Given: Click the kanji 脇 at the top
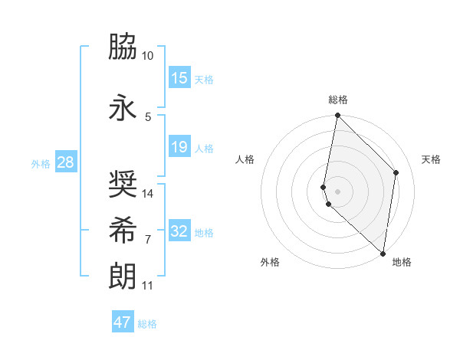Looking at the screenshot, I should pyautogui.click(x=123, y=47).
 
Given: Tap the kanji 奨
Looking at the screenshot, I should pyautogui.click(x=123, y=184).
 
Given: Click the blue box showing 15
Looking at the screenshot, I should pyautogui.click(x=179, y=78).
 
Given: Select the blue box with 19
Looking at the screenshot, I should pyautogui.click(x=179, y=147).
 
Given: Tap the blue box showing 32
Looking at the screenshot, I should pyautogui.click(x=179, y=231).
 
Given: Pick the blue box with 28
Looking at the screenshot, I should pyautogui.click(x=64, y=162).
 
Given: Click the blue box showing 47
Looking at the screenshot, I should pyautogui.click(x=122, y=322).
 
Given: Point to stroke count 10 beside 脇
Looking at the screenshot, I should pyautogui.click(x=147, y=57).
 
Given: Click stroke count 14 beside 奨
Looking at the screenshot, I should pyautogui.click(x=148, y=194).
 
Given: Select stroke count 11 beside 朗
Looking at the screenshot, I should pyautogui.click(x=147, y=286).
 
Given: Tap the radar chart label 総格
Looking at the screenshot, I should pyautogui.click(x=338, y=100).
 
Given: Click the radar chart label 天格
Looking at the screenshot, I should pyautogui.click(x=432, y=159).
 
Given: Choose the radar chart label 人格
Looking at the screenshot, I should pyautogui.click(x=245, y=159).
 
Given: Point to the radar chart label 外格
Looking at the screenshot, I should pyautogui.click(x=270, y=262).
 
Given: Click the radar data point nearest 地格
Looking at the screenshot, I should pyautogui.click(x=383, y=254).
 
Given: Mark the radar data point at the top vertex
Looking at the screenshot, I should pyautogui.click(x=337, y=116).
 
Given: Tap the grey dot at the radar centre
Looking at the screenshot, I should pyautogui.click(x=337, y=191).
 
